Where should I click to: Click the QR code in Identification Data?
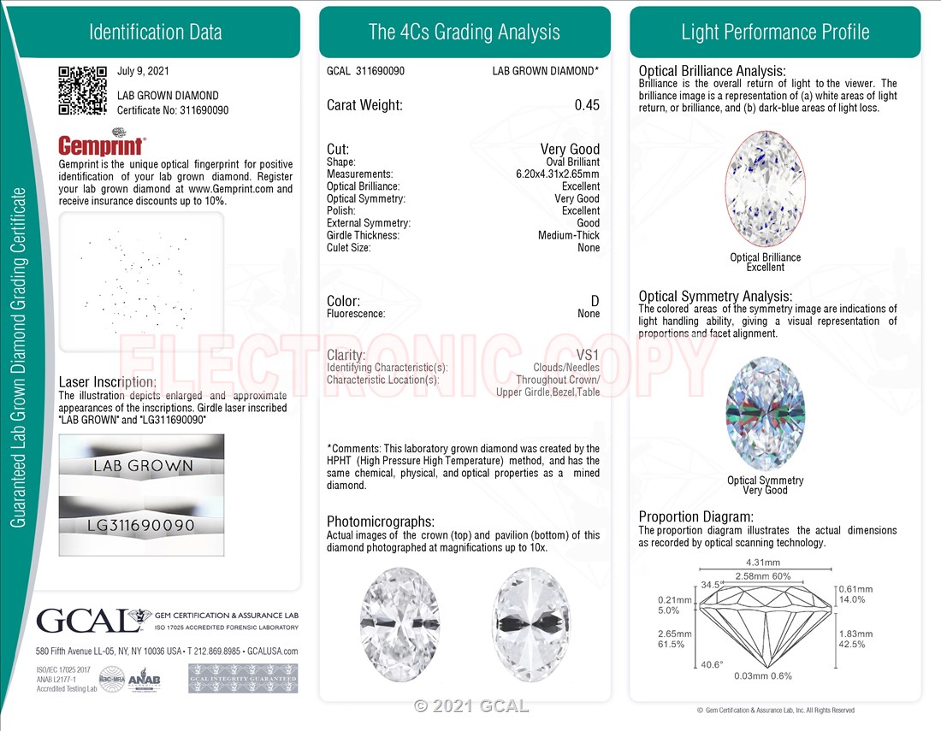point(82,90)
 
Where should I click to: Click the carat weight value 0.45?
point(587,105)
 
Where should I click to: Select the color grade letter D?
point(595,301)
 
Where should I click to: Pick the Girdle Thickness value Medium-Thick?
point(568,235)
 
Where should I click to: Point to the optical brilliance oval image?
point(765,190)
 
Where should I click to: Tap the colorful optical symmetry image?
point(765,414)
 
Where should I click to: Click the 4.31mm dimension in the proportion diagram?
point(764,563)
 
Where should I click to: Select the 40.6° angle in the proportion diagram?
point(712,663)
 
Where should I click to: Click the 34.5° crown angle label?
point(712,585)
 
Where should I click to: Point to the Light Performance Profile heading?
point(775,32)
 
